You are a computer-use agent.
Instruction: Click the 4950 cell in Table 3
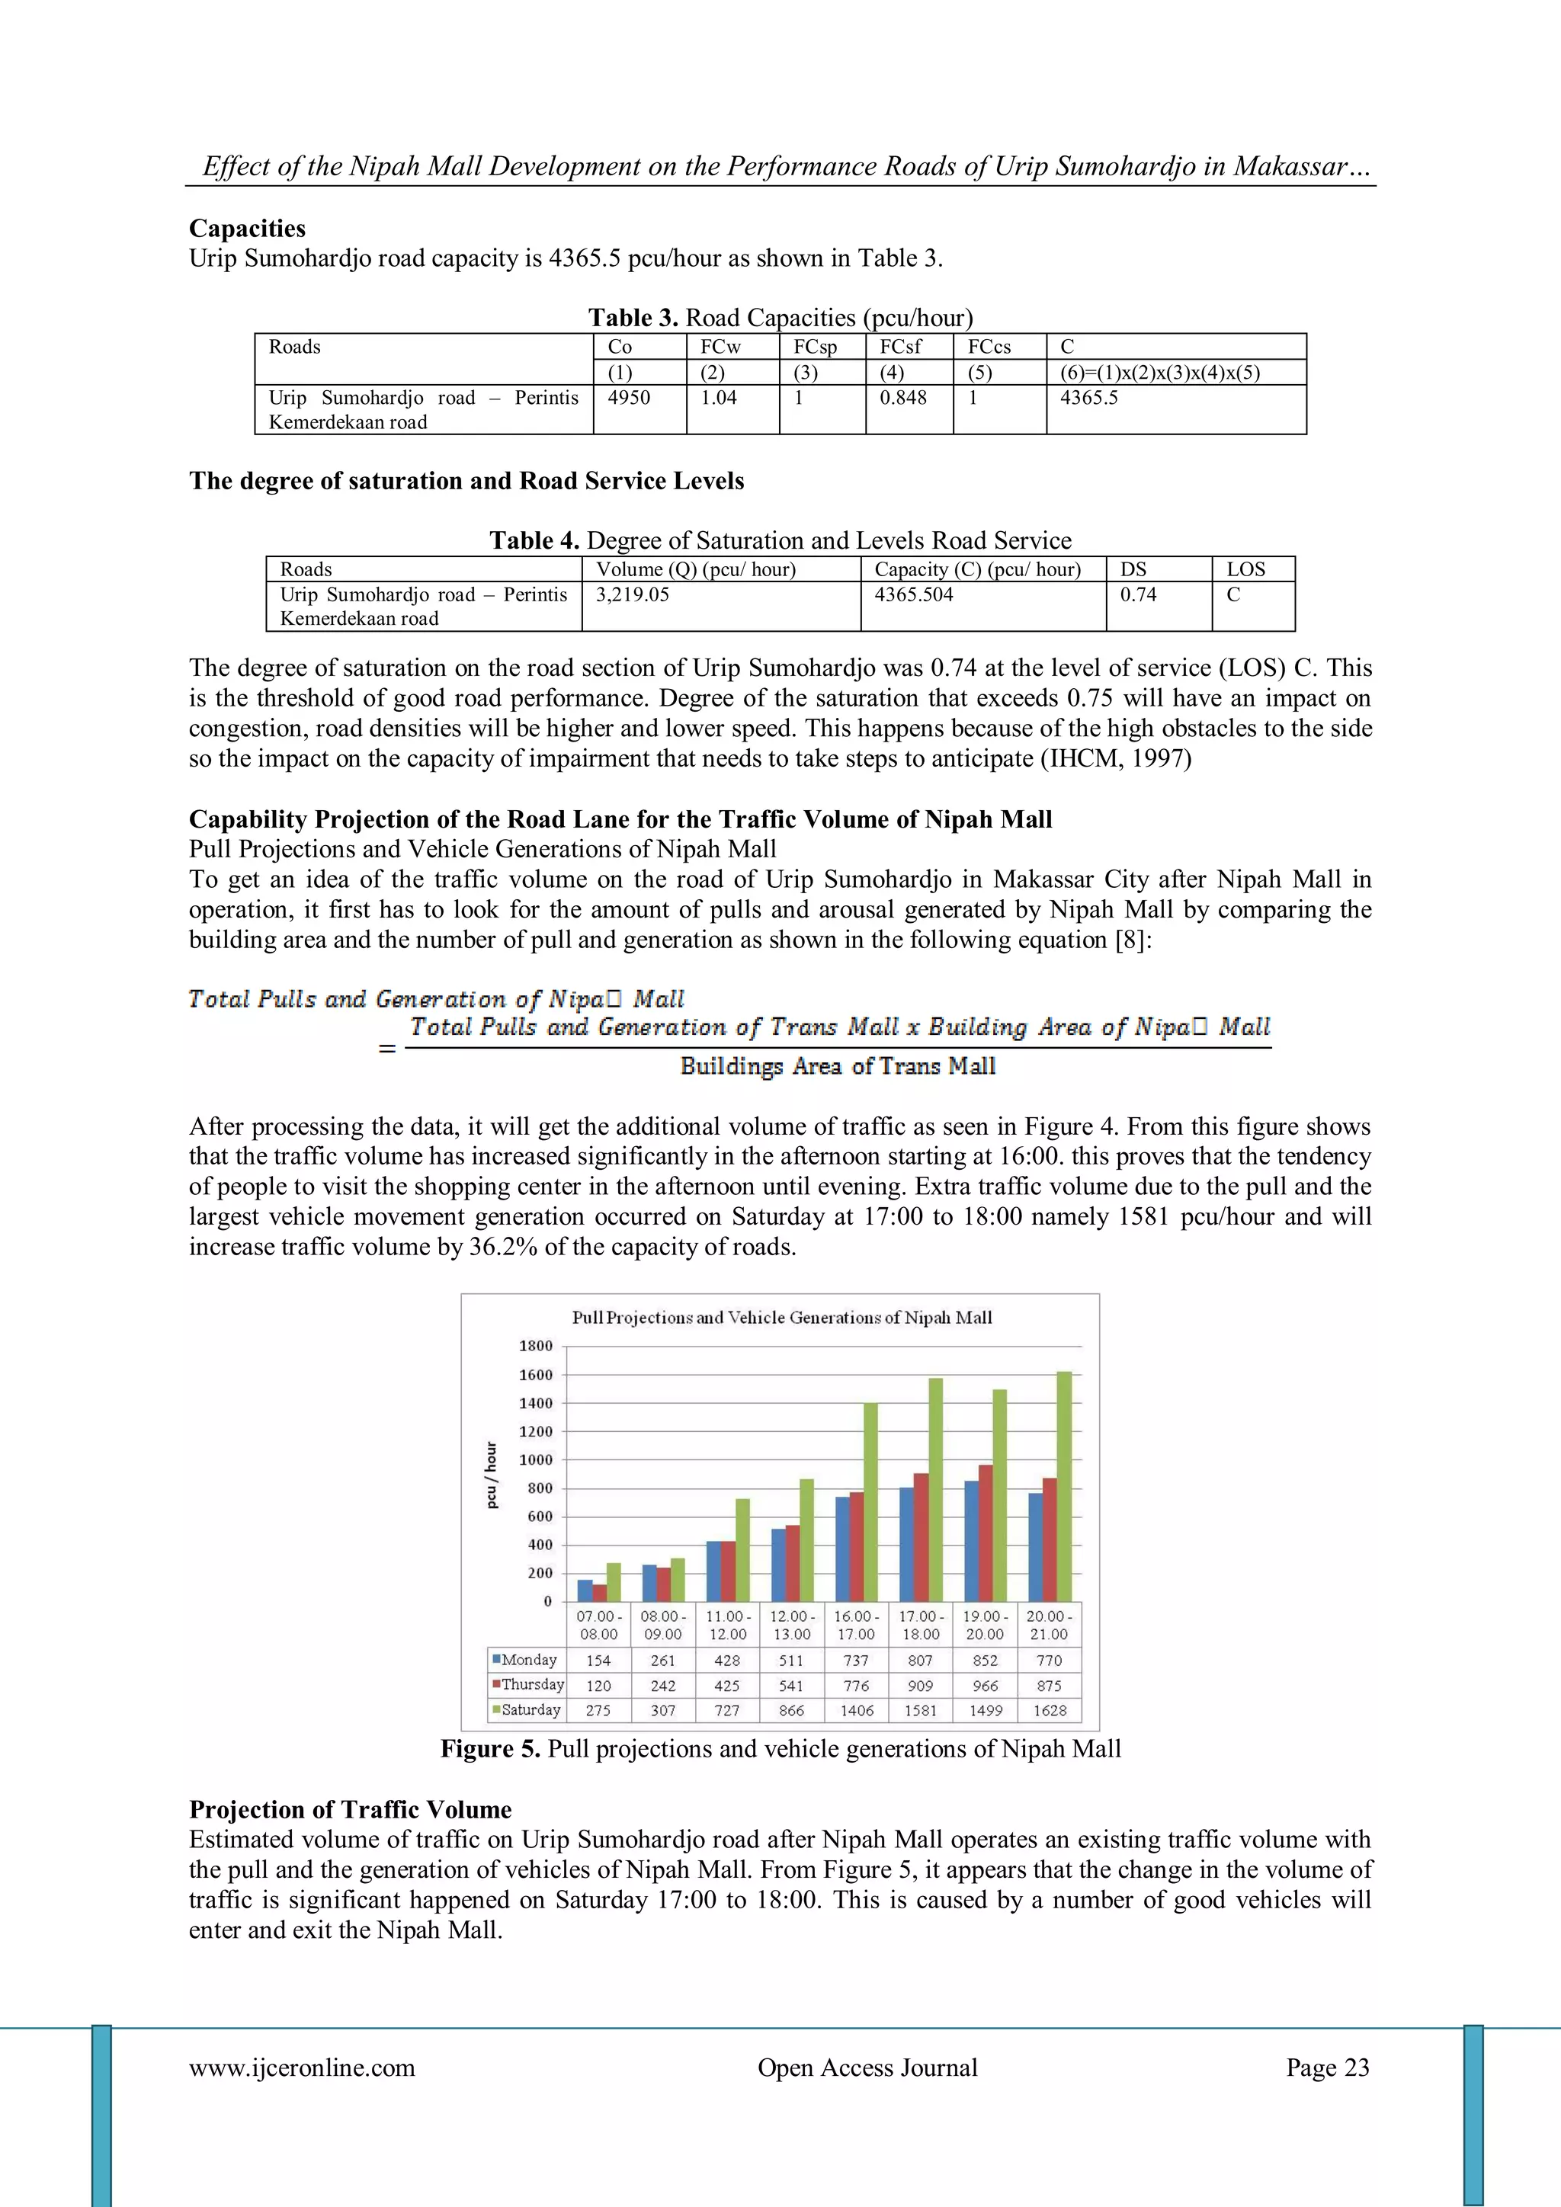[x=629, y=398]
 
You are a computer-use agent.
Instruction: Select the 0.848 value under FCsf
[x=902, y=398]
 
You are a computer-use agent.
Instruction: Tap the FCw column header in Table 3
[x=720, y=347]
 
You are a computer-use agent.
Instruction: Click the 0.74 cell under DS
[x=1138, y=595]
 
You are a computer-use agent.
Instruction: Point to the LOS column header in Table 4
[x=1245, y=569]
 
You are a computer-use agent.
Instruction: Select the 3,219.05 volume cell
[x=633, y=595]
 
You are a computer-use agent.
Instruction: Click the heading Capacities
[x=247, y=229]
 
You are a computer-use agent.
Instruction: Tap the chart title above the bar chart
[x=781, y=1318]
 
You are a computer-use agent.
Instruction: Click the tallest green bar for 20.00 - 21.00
[x=1064, y=1487]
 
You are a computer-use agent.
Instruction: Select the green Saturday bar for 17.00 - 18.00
[x=935, y=1490]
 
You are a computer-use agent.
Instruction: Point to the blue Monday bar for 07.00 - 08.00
[x=585, y=1590]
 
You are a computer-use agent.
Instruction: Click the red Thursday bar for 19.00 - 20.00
[x=986, y=1533]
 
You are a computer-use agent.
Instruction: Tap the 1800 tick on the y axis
[x=537, y=1346]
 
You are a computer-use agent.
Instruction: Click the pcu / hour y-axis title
[x=492, y=1475]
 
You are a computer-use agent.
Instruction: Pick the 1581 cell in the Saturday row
[x=920, y=1711]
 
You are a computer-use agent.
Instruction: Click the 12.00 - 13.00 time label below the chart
[x=792, y=1626]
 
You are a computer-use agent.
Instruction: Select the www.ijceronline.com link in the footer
[x=302, y=2068]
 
